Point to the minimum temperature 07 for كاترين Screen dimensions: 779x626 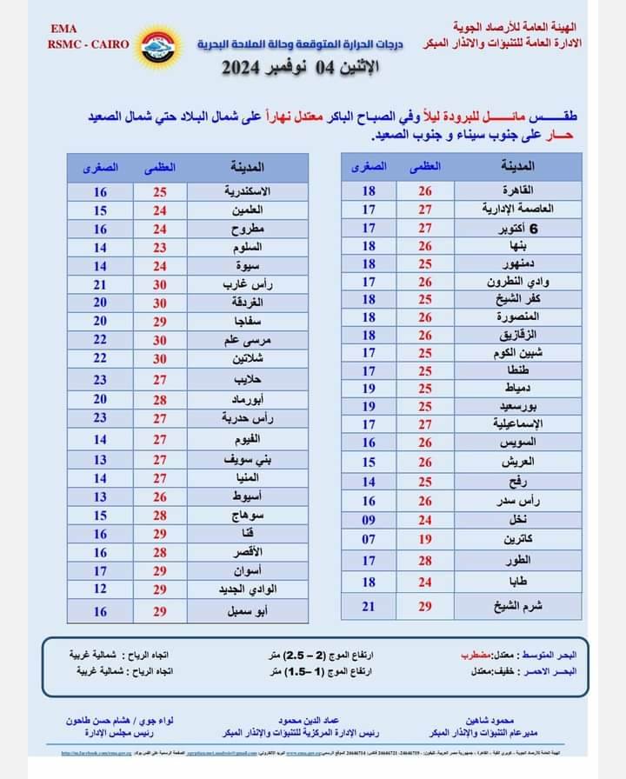369,539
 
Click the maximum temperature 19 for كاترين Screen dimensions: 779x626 425,539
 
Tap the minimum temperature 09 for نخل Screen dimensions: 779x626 369,520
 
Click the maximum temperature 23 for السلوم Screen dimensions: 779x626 160,248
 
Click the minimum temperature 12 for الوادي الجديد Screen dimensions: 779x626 100,589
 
